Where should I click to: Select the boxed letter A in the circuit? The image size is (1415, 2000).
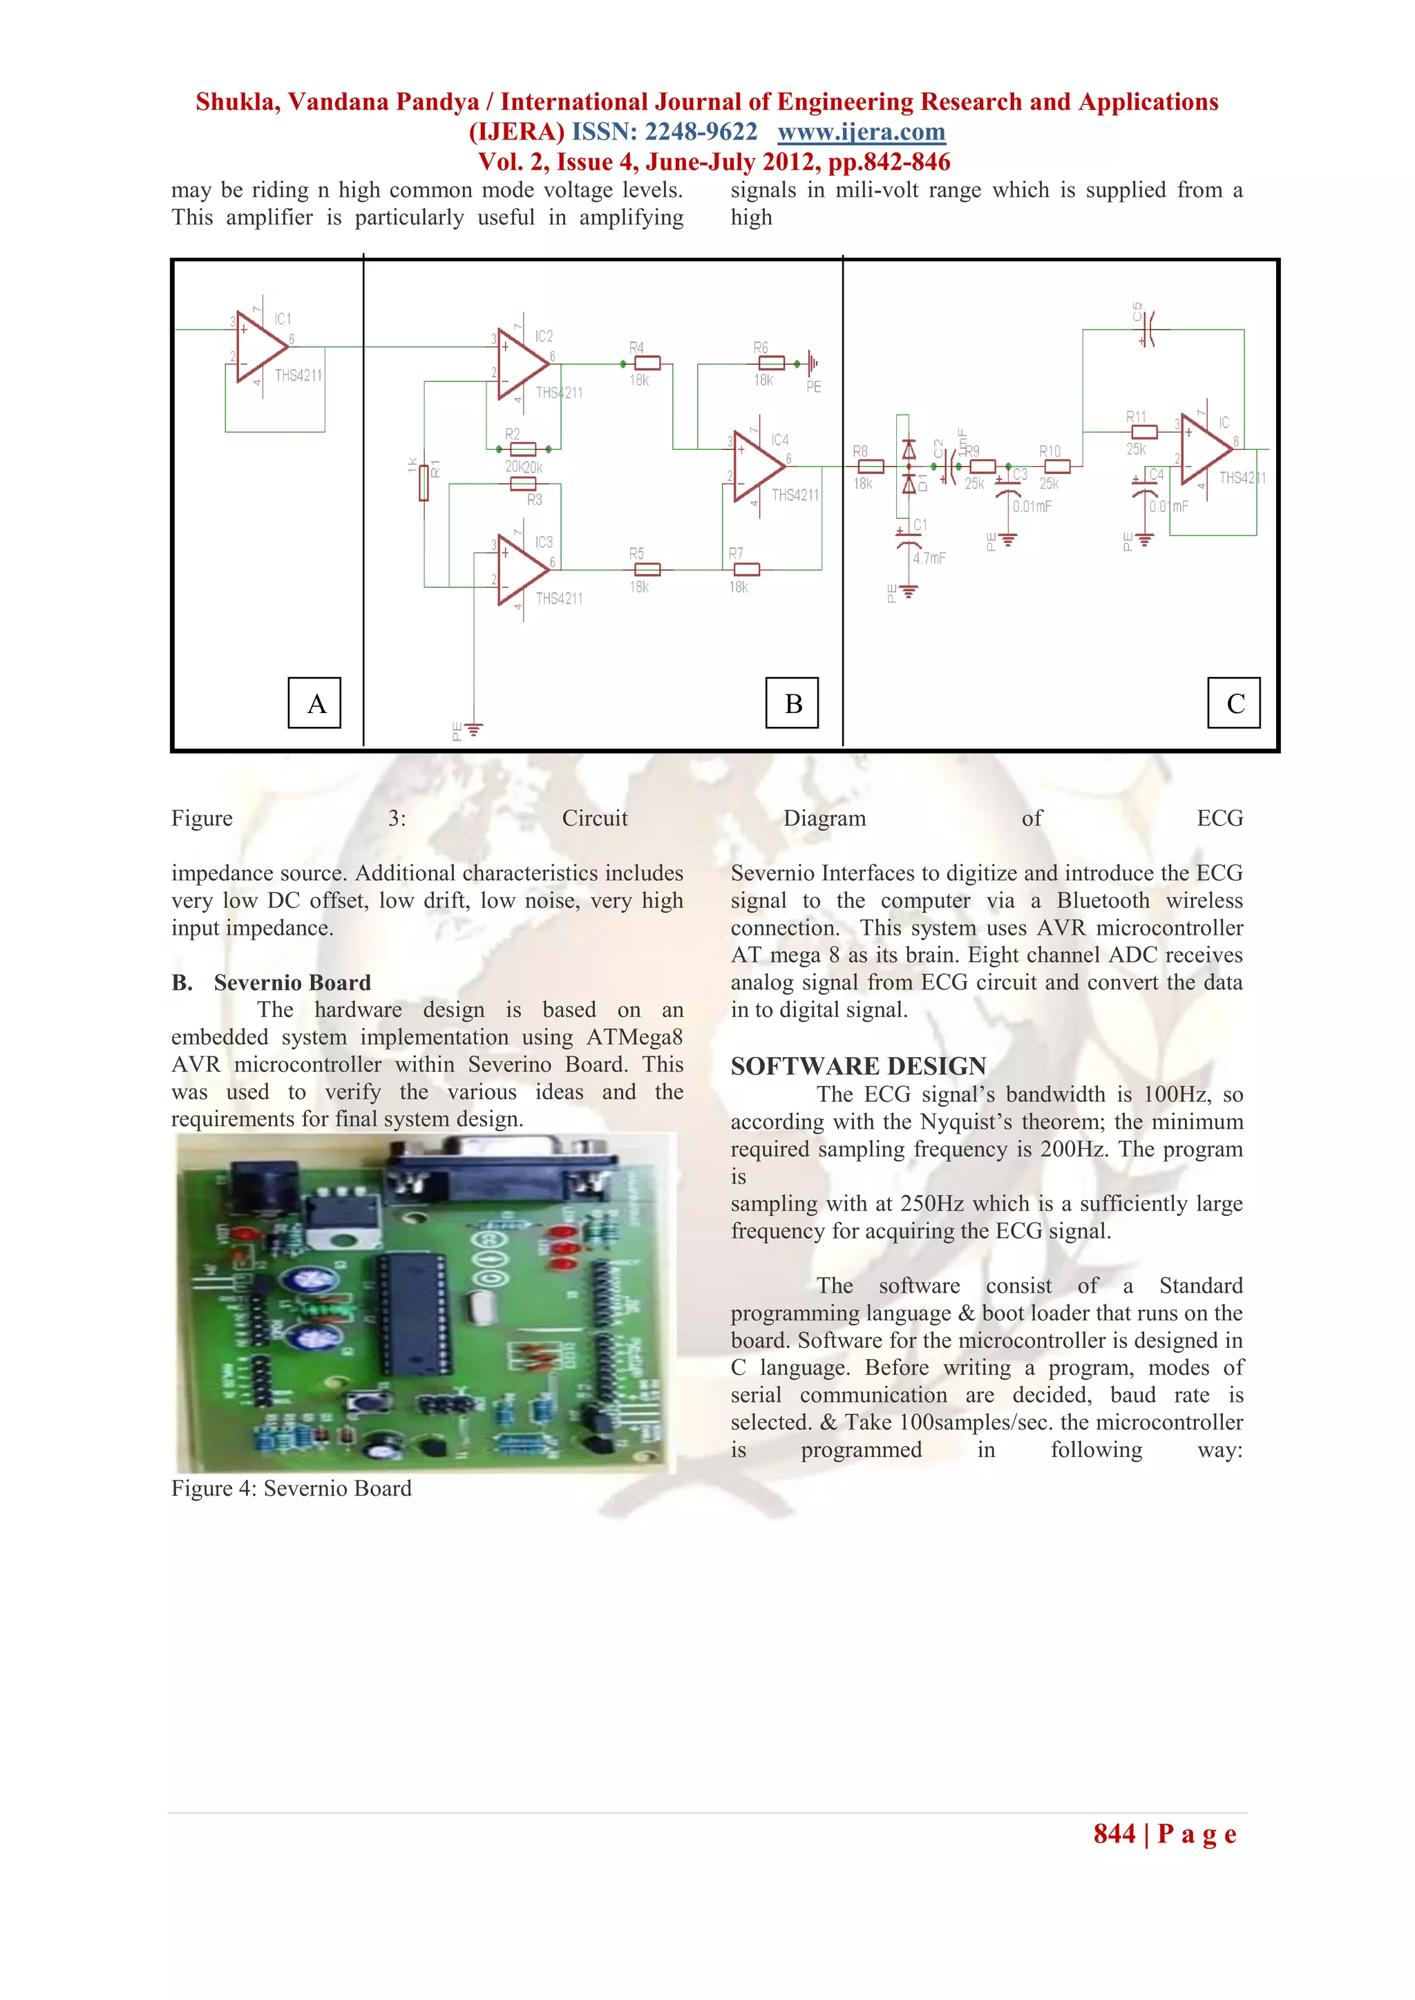tap(314, 703)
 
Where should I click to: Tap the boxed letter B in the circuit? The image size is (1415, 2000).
tap(792, 703)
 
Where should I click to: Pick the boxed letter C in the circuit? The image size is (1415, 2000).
tap(1234, 703)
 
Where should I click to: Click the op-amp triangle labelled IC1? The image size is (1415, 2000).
tap(259, 347)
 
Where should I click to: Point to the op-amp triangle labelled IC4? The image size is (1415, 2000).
tap(757, 466)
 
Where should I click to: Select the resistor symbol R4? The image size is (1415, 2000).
tap(647, 363)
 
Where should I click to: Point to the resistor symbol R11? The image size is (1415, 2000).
tap(1143, 432)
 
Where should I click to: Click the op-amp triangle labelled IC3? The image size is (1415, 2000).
tap(520, 570)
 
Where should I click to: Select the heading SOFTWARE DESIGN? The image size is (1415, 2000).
tap(858, 1065)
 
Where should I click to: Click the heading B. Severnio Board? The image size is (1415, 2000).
tap(271, 982)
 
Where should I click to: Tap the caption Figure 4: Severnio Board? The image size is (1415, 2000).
tap(291, 1489)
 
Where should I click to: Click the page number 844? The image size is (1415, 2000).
tap(1114, 1834)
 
